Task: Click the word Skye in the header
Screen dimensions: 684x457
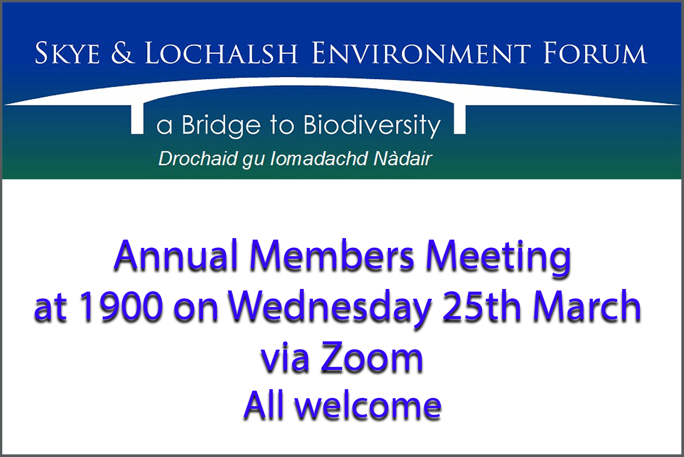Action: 68,53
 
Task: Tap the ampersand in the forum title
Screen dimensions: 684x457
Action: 123,53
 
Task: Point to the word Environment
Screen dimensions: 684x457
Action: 422,53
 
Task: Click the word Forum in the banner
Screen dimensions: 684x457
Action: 595,53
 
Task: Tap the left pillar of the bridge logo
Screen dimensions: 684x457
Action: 137,118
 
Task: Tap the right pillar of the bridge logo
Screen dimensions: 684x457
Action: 460,118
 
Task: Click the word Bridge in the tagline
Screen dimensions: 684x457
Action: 221,125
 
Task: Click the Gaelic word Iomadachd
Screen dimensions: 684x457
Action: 320,159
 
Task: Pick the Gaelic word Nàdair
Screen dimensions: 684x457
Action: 403,159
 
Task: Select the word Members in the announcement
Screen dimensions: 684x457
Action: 332,256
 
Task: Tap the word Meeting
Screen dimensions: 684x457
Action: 498,258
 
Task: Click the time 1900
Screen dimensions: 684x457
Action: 120,306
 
